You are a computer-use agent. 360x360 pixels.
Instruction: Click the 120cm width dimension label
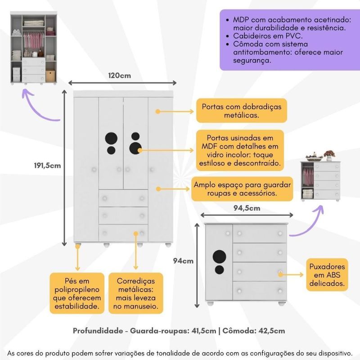[x=119, y=76]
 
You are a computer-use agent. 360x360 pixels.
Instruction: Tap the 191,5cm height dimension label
[x=48, y=165]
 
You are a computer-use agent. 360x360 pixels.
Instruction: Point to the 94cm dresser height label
[x=183, y=261]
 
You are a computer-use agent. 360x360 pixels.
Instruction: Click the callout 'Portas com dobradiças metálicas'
[x=242, y=111]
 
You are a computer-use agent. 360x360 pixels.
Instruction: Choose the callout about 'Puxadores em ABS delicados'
[x=327, y=275]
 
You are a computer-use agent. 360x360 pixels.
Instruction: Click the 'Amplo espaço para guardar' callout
[x=242, y=189]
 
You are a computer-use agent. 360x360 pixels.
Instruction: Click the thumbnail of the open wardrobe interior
[x=34, y=49]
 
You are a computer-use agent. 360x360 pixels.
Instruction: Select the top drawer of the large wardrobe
[x=123, y=198]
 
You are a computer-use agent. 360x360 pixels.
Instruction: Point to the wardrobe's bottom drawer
[x=123, y=232]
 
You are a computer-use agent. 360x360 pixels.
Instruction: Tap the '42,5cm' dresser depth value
[x=271, y=331]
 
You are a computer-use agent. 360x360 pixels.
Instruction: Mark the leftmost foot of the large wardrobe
[x=78, y=246]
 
